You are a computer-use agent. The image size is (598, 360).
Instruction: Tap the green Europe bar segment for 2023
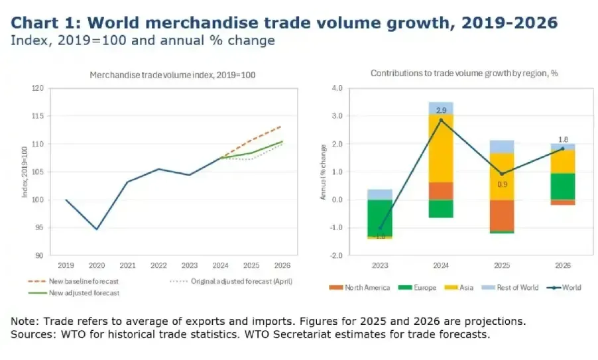point(379,217)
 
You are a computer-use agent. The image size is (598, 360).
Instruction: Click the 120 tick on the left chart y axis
point(37,88)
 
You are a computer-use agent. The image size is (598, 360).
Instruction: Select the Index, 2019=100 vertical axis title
point(24,171)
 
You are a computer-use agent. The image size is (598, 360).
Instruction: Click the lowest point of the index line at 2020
point(97,229)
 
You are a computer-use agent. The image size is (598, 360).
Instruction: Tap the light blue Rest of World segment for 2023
point(379,194)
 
